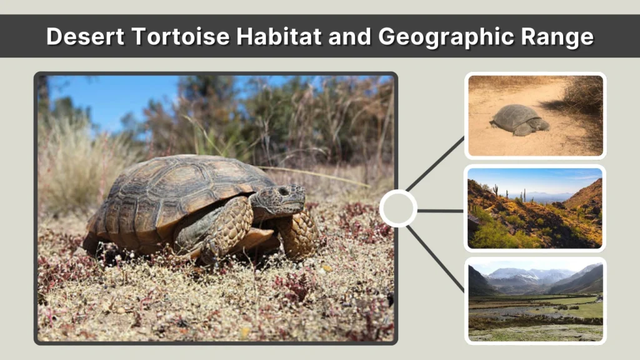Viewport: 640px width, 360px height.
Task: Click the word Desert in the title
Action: (85, 37)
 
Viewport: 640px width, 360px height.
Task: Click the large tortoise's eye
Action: (284, 191)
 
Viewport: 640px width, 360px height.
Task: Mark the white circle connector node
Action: (398, 208)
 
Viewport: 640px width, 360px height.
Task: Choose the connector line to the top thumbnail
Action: (436, 163)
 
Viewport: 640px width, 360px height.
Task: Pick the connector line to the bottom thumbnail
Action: (436, 258)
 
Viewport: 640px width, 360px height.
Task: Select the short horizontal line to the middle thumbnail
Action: (440, 211)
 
